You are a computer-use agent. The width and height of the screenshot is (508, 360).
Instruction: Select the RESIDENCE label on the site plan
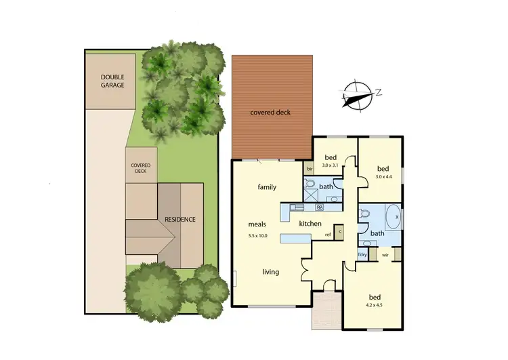(x=180, y=220)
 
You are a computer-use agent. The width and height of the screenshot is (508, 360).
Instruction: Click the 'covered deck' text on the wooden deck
(x=270, y=113)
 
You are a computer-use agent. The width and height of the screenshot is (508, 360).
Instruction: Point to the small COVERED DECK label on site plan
(x=141, y=168)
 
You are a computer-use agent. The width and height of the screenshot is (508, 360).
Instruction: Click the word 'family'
(x=268, y=186)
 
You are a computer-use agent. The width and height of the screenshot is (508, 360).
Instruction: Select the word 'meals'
(x=257, y=224)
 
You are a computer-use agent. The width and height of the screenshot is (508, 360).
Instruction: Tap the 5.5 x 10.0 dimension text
(x=257, y=236)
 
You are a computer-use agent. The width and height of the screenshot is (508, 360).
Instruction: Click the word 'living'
(x=271, y=273)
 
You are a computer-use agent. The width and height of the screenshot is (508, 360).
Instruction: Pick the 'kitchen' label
(x=310, y=224)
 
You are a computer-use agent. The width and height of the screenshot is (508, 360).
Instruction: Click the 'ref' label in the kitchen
(x=328, y=235)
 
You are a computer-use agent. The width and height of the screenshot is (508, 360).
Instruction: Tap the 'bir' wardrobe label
(x=310, y=168)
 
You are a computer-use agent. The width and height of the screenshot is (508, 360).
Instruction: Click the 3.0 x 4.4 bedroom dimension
(x=384, y=177)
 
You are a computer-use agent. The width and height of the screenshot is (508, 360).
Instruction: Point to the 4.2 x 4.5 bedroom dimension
(x=375, y=305)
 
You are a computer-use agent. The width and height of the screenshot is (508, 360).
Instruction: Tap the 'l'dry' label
(x=362, y=255)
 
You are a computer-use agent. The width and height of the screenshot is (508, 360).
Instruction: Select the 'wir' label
(x=385, y=255)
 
